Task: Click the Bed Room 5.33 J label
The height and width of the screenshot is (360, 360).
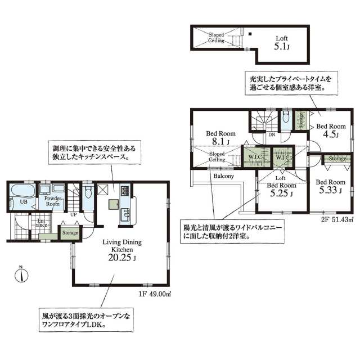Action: click(x=330, y=186)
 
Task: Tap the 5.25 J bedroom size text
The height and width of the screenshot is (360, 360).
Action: click(x=281, y=194)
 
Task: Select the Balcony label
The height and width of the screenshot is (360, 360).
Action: click(x=224, y=175)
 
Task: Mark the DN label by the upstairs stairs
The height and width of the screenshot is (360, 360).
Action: click(x=271, y=135)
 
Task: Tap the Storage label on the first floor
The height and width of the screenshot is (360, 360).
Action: click(x=70, y=232)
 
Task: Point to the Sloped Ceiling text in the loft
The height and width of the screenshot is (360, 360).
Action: click(x=217, y=38)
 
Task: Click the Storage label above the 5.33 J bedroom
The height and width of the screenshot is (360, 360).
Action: click(x=337, y=159)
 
